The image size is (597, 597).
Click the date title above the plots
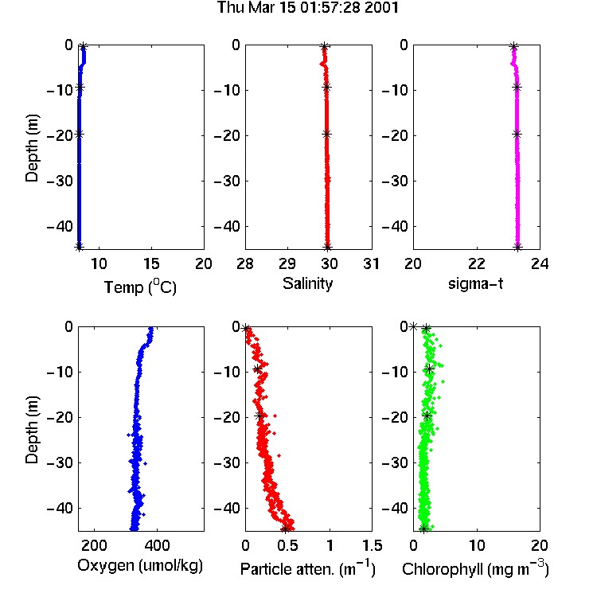coord(307,8)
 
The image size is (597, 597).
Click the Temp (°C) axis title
coord(140,287)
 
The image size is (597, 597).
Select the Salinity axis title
coord(307,283)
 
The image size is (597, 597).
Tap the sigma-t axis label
coord(475,283)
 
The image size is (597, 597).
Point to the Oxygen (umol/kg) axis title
coord(140,566)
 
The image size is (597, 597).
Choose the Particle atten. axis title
coord(307,568)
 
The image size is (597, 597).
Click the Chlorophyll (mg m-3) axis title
coord(475,568)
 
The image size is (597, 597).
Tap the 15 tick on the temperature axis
coord(151,263)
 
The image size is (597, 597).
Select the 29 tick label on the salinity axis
coord(287,263)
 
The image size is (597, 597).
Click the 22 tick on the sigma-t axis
coord(476,263)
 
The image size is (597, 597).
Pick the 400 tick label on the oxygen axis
coord(157,545)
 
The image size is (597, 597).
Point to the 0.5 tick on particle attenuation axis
coord(287,545)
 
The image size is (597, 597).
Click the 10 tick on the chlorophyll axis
coord(476,545)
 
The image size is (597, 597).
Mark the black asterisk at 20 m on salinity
coord(326,134)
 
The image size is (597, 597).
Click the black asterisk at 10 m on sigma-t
coord(517,88)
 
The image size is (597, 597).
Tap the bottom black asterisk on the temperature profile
coord(79,246)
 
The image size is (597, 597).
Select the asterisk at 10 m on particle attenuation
coord(258,369)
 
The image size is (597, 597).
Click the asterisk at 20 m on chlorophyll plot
coord(427,416)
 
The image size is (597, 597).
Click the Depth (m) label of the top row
coord(32,148)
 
